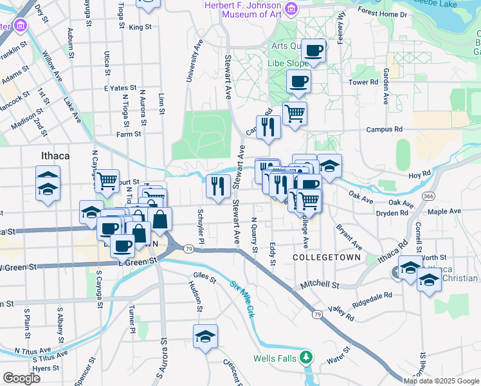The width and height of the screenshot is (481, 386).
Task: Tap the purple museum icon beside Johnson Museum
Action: (x=291, y=8)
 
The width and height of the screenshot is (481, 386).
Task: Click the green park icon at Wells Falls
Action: (x=307, y=356)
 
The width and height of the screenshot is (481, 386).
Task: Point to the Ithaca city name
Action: (x=55, y=156)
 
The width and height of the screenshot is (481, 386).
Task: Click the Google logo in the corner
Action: (x=21, y=378)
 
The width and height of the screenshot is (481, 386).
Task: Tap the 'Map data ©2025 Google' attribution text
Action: (x=441, y=381)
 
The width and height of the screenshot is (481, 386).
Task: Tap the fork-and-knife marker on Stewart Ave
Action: (x=218, y=186)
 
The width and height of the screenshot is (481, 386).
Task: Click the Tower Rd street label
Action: (x=363, y=82)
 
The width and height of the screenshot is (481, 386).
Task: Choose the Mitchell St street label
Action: (x=320, y=284)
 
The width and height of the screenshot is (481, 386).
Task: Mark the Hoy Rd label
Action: (x=419, y=174)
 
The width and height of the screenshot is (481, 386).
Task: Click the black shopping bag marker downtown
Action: (x=159, y=219)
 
